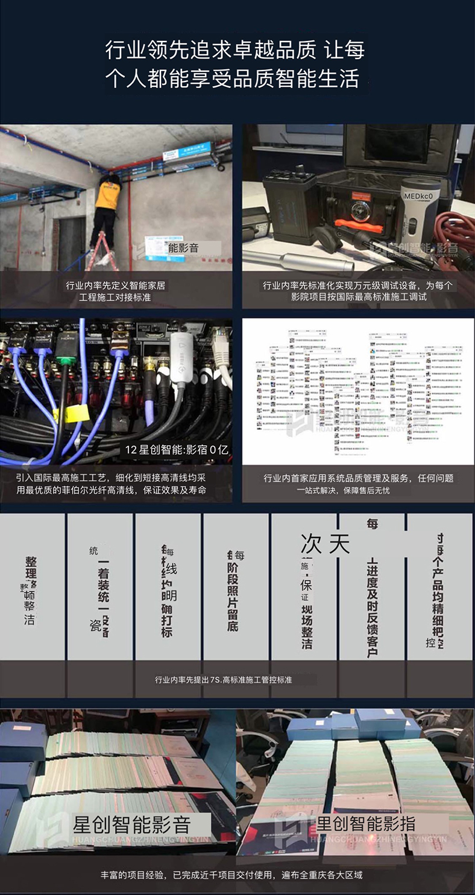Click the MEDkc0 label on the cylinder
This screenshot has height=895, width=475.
(x=420, y=195)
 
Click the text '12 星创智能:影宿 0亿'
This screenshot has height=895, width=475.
(x=177, y=450)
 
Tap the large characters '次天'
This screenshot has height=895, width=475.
(x=325, y=545)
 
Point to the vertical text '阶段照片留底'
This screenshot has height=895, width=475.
(x=233, y=597)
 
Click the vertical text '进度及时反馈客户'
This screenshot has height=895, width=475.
(x=372, y=603)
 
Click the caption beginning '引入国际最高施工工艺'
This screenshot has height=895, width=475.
(x=115, y=484)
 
